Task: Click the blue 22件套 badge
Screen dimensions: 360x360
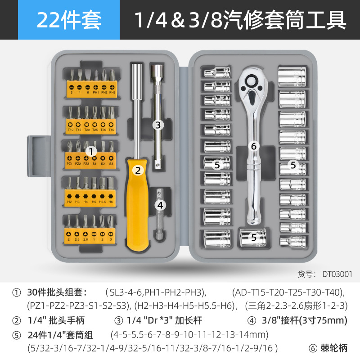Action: (x=69, y=20)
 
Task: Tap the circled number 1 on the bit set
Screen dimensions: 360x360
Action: (x=91, y=151)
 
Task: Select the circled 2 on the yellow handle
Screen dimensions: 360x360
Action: (x=138, y=170)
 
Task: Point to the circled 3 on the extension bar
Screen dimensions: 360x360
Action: (x=157, y=126)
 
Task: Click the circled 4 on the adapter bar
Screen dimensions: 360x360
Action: (x=161, y=205)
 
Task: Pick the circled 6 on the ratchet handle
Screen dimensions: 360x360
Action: (x=253, y=146)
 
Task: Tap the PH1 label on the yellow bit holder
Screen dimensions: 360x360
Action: (x=95, y=92)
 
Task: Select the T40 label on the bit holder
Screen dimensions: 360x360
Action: (x=112, y=130)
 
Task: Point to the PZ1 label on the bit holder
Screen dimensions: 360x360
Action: (x=70, y=164)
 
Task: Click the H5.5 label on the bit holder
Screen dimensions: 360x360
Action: (x=103, y=202)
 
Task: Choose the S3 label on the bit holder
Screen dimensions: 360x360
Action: (x=111, y=164)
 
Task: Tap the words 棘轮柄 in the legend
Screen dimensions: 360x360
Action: (x=335, y=347)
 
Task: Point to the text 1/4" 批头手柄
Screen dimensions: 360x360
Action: (x=56, y=320)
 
